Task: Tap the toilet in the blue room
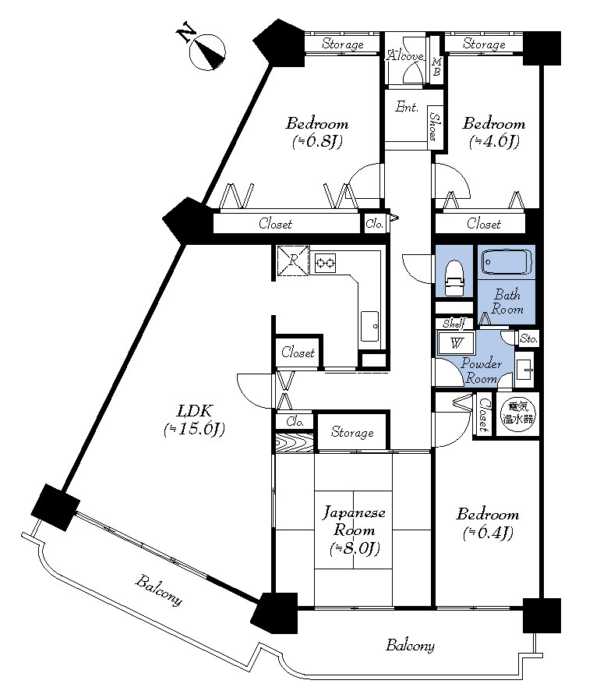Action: point(454,278)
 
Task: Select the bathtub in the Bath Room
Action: point(507,262)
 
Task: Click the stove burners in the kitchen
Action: point(325,263)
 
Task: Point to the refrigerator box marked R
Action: point(292,260)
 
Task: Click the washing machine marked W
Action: point(456,343)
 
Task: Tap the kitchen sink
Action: point(369,326)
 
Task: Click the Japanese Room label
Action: point(354,521)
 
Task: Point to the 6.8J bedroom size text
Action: point(316,142)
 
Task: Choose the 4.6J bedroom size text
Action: point(494,142)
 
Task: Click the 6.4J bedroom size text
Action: point(488,533)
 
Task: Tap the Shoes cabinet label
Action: point(435,126)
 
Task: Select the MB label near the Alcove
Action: point(436,66)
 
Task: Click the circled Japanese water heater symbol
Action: point(517,413)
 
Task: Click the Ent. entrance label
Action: point(407,107)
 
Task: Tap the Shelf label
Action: point(454,323)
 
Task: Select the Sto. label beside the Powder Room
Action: point(528,338)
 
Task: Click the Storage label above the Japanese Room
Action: point(352,432)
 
